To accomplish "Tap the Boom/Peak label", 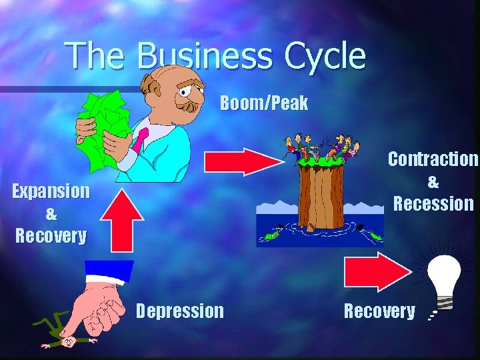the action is coord(264,103).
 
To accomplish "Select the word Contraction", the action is coord(433,159).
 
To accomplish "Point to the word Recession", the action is coord(433,203).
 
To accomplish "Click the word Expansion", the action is coord(51,191).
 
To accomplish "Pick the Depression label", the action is coord(180,311).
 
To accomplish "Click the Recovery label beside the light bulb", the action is coord(379,311).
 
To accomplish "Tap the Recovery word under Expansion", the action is coord(51,236).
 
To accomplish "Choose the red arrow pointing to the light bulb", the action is coord(377,271).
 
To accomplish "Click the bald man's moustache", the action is coord(190,107).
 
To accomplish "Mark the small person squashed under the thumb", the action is coord(67,337).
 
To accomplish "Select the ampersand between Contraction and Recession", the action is coord(433,181).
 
